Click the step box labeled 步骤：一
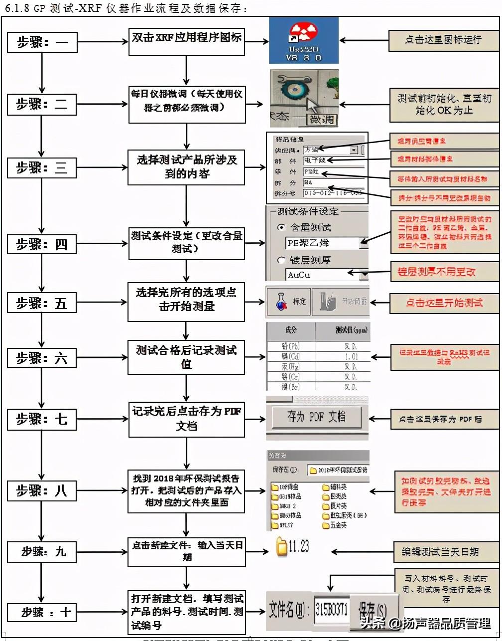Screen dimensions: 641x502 (42, 42)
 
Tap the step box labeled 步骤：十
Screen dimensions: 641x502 (42, 612)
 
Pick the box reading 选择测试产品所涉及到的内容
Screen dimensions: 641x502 (187, 167)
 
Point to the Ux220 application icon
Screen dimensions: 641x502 (303, 40)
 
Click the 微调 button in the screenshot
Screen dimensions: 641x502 (322, 120)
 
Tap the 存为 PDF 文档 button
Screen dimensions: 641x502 (316, 417)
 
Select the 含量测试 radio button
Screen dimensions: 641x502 (281, 227)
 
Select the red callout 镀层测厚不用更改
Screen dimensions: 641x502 (443, 272)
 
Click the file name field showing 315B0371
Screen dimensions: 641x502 (331, 609)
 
